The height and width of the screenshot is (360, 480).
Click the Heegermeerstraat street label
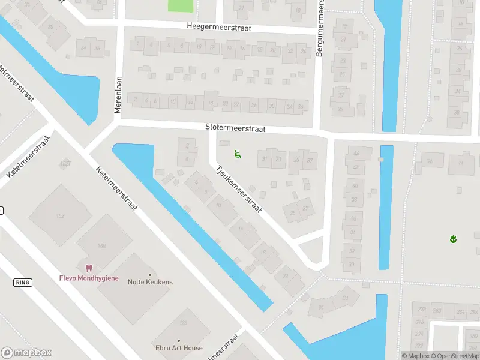click(x=218, y=28)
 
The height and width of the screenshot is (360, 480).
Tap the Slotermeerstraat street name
click(x=235, y=128)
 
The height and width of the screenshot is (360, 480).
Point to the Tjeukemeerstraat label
click(x=239, y=190)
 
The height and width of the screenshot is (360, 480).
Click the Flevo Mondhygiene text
click(x=89, y=278)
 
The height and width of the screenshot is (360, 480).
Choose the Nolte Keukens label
click(x=150, y=282)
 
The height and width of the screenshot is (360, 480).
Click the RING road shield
click(x=22, y=282)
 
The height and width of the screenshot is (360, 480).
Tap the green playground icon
click(x=238, y=155)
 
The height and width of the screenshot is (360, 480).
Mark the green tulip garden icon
click(x=454, y=239)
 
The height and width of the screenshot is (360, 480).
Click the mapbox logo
click(x=26, y=353)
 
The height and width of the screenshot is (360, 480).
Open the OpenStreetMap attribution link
click(x=454, y=356)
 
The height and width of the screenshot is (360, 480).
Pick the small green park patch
click(x=181, y=5)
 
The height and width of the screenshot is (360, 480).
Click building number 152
click(x=59, y=215)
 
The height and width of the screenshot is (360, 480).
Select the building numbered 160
click(x=101, y=245)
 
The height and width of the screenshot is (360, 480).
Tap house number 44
click(x=356, y=154)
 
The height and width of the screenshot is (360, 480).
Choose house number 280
click(x=437, y=311)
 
